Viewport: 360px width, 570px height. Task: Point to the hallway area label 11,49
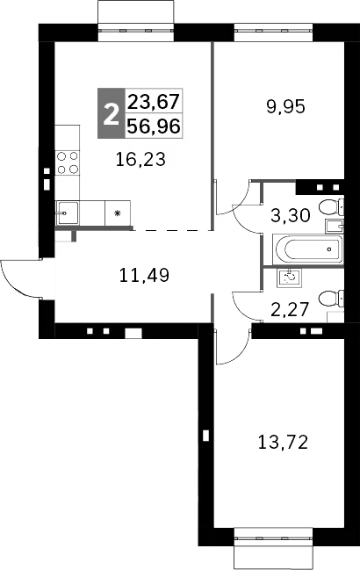pos(143,275)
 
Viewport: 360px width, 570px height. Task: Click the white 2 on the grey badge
pos(110,114)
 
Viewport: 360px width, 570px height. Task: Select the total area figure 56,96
pos(154,126)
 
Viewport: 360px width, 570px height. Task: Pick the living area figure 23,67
pos(154,101)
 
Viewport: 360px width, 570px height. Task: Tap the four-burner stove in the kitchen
pos(68,162)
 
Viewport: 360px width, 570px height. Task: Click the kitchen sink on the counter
pos(68,211)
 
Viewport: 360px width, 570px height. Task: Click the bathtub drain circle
pos(328,249)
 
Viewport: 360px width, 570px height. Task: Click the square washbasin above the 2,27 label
pos(291,277)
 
